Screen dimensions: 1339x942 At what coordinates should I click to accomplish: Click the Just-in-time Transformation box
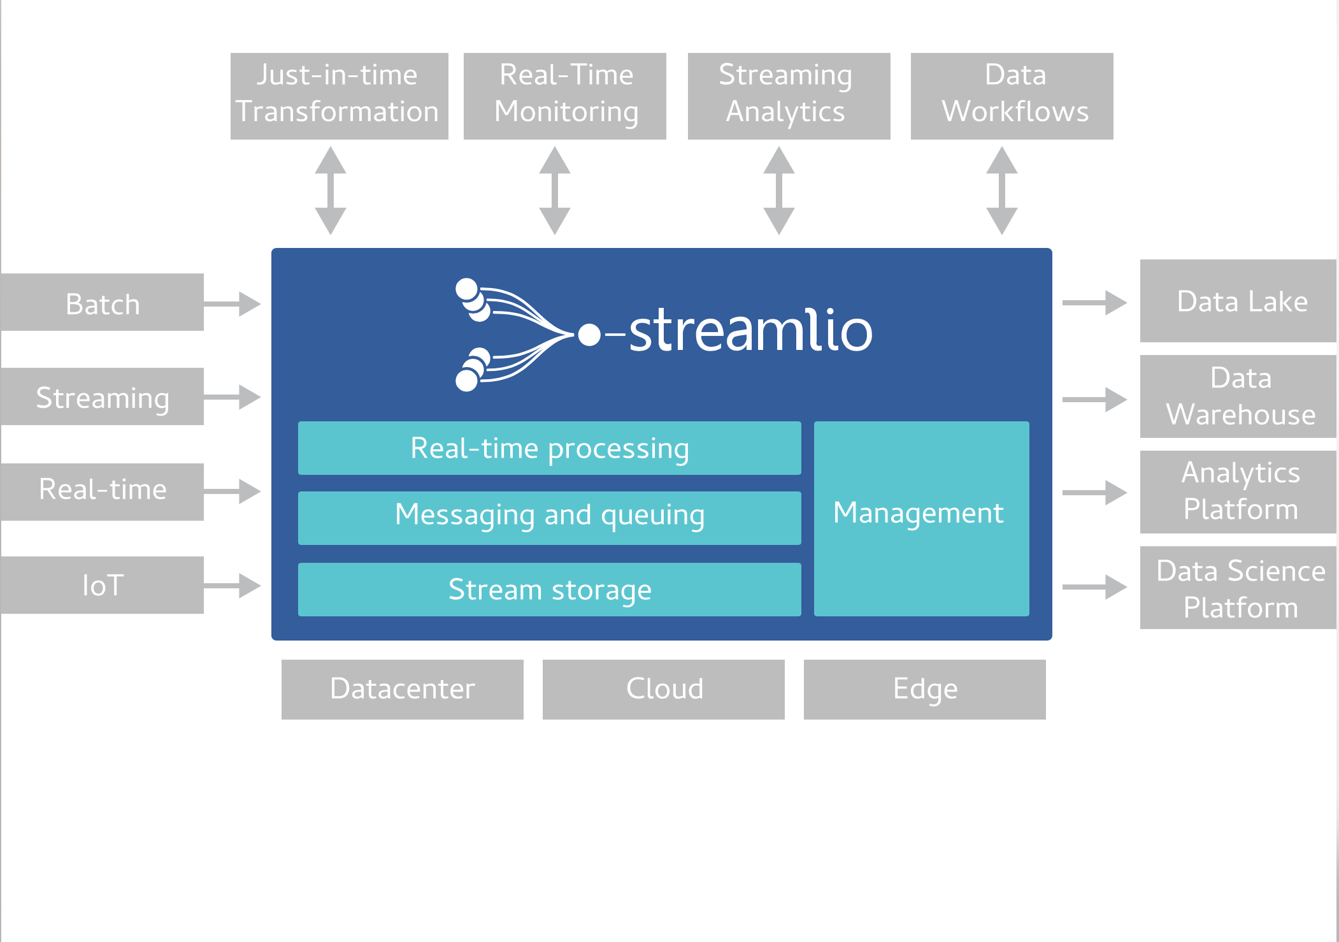click(339, 96)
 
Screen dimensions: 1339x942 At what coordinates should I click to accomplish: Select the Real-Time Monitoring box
click(565, 96)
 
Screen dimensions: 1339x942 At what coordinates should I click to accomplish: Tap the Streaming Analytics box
click(789, 96)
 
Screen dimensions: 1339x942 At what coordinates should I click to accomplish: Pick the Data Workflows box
click(1012, 96)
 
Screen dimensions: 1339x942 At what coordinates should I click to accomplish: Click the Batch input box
click(102, 302)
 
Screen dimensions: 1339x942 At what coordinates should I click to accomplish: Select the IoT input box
click(102, 585)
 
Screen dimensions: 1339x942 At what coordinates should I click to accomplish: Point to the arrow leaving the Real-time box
click(233, 491)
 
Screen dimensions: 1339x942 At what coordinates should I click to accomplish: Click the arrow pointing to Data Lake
click(1094, 303)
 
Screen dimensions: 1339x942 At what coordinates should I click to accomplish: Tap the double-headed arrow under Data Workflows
click(1002, 191)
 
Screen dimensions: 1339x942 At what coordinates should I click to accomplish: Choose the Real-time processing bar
click(550, 448)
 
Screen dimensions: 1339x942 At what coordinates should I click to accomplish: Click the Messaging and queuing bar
click(550, 518)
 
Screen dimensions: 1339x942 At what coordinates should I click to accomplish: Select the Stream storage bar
click(550, 590)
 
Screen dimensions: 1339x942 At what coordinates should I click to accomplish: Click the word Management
click(919, 513)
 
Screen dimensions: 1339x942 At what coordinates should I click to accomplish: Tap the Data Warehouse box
click(1238, 396)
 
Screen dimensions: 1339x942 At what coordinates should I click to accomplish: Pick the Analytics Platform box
click(1238, 492)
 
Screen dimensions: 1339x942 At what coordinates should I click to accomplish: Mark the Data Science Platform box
click(1238, 588)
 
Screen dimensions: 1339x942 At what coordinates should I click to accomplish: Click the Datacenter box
click(403, 690)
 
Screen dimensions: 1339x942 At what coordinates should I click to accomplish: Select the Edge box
click(925, 690)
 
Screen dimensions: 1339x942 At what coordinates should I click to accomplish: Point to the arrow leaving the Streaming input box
click(233, 397)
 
